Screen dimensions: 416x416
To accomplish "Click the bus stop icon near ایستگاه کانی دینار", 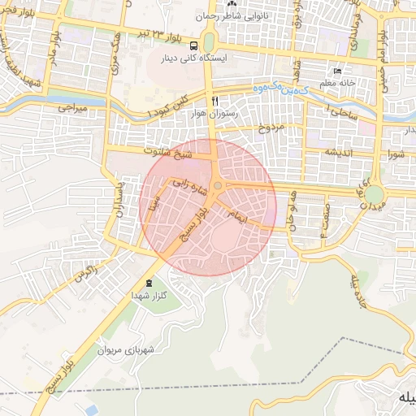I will point(195,45).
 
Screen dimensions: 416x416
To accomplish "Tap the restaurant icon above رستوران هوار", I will point(214,102).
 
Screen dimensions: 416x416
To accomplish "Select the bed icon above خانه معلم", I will point(338,71).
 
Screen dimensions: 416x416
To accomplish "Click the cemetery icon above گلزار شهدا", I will point(148,283).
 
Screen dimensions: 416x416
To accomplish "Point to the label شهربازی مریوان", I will point(126,351).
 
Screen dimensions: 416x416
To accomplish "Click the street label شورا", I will point(396,153).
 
